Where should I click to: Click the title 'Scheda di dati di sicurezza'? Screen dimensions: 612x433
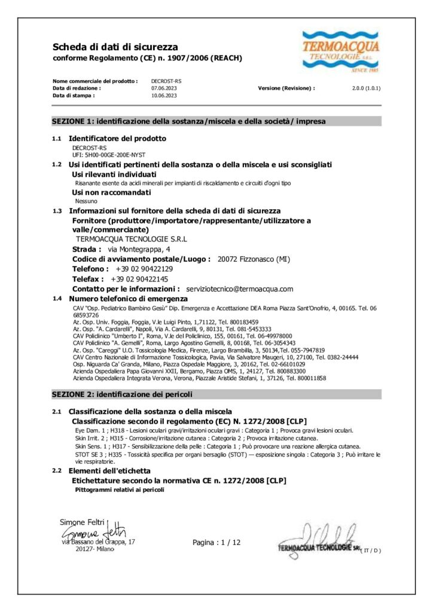pos(115,47)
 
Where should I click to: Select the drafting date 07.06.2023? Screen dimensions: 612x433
pos(164,88)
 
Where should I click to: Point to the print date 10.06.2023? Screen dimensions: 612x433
pos(164,95)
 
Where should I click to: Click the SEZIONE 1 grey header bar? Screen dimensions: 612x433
pos(216,121)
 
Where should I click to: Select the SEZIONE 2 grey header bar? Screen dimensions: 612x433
pos(216,394)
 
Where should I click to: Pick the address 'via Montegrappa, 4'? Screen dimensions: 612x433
pos(134,248)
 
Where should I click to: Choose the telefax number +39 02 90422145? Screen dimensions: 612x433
pos(139,279)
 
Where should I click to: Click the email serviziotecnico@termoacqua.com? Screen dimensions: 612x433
pos(240,289)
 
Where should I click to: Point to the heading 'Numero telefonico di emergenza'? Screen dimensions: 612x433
pos(128,298)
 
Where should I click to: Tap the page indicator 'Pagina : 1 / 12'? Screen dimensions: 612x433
pos(216,543)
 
